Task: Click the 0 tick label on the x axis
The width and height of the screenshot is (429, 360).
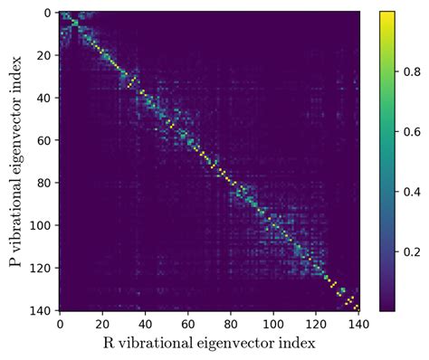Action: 60,322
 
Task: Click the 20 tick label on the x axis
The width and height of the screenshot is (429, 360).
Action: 102,322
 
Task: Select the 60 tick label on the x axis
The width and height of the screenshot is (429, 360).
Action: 187,322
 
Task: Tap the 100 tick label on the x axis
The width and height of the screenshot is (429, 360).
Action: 273,322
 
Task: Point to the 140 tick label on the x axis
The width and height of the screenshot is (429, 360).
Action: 358,322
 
